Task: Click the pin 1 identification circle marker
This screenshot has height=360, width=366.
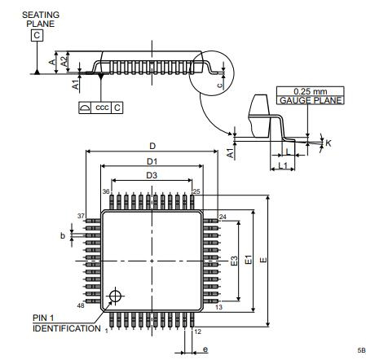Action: (115, 296)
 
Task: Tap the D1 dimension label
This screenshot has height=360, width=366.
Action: (152, 161)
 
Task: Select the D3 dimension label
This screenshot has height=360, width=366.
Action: (152, 175)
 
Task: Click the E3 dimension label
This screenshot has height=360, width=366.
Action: (234, 261)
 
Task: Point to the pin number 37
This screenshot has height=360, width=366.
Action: (81, 216)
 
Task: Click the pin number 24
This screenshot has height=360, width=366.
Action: (223, 217)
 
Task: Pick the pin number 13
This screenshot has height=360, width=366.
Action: (218, 307)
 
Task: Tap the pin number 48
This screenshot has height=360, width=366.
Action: (81, 305)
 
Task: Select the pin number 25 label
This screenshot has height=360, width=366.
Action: (196, 191)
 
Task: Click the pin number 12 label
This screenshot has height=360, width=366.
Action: (198, 331)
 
